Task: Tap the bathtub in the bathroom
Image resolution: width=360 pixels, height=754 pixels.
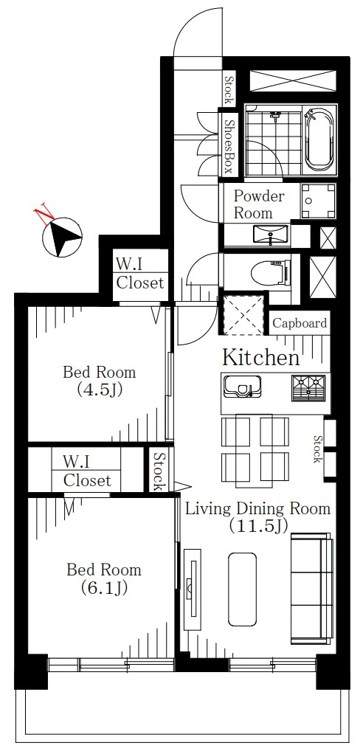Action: click(x=319, y=140)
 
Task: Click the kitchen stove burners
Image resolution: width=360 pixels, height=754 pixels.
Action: click(x=308, y=387)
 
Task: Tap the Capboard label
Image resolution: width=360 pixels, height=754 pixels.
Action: click(x=300, y=323)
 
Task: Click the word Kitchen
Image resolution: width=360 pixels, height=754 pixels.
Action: click(x=261, y=357)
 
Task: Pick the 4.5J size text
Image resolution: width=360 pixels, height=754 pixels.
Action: click(x=100, y=389)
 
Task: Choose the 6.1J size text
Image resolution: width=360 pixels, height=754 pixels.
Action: click(x=104, y=587)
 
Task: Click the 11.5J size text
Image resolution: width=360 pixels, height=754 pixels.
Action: click(x=259, y=525)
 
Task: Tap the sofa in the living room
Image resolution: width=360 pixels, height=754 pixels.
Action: click(x=311, y=588)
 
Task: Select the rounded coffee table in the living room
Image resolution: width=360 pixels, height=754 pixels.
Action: click(x=242, y=589)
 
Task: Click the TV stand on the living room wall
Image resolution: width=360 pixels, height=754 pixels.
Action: click(x=193, y=589)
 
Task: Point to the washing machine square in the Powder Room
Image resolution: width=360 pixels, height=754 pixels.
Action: click(x=318, y=201)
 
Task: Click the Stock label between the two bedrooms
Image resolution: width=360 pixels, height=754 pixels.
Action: click(x=159, y=471)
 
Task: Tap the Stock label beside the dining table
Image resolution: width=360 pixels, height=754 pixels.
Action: click(x=317, y=449)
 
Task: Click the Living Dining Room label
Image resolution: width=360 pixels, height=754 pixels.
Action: click(x=258, y=509)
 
